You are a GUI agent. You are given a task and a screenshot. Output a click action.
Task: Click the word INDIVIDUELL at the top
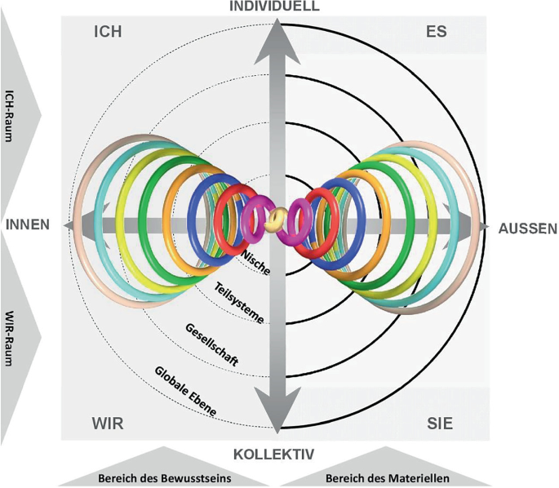tap(280, 7)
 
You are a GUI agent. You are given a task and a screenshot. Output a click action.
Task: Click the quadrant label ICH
tap(107, 33)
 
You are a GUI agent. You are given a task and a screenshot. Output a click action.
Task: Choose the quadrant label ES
tap(437, 33)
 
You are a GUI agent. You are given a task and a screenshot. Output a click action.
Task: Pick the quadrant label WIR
tap(107, 424)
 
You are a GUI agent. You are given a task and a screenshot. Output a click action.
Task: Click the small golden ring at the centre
tap(278, 218)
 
